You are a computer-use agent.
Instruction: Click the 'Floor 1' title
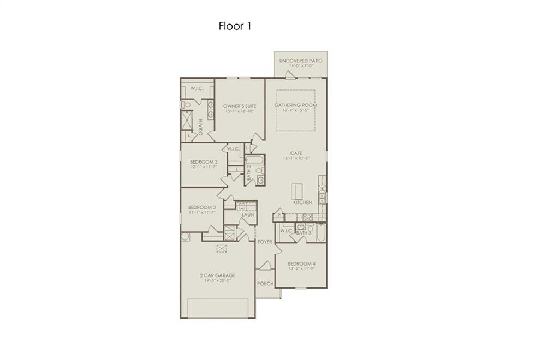pyautogui.click(x=235, y=26)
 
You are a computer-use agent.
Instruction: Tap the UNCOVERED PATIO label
pyautogui.click(x=300, y=61)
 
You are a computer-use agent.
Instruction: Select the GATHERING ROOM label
pyautogui.click(x=295, y=105)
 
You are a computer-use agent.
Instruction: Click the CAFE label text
pyautogui.click(x=296, y=153)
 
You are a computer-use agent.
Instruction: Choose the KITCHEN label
pyautogui.click(x=302, y=202)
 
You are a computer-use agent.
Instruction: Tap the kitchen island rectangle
pyautogui.click(x=296, y=191)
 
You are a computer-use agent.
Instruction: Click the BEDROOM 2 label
pyautogui.click(x=204, y=162)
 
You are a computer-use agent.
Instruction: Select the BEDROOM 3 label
pyautogui.click(x=202, y=207)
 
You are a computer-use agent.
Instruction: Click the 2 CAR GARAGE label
pyautogui.click(x=217, y=275)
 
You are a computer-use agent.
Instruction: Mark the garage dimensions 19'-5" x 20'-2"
pyautogui.click(x=217, y=281)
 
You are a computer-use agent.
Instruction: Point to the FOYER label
pyautogui.click(x=265, y=241)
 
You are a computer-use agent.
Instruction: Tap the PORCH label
pyautogui.click(x=265, y=284)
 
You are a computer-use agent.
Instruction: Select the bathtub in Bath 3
pyautogui.click(x=320, y=233)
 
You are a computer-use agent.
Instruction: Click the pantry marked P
pyautogui.click(x=279, y=216)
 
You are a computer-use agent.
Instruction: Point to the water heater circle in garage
pyautogui.click(x=185, y=237)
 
